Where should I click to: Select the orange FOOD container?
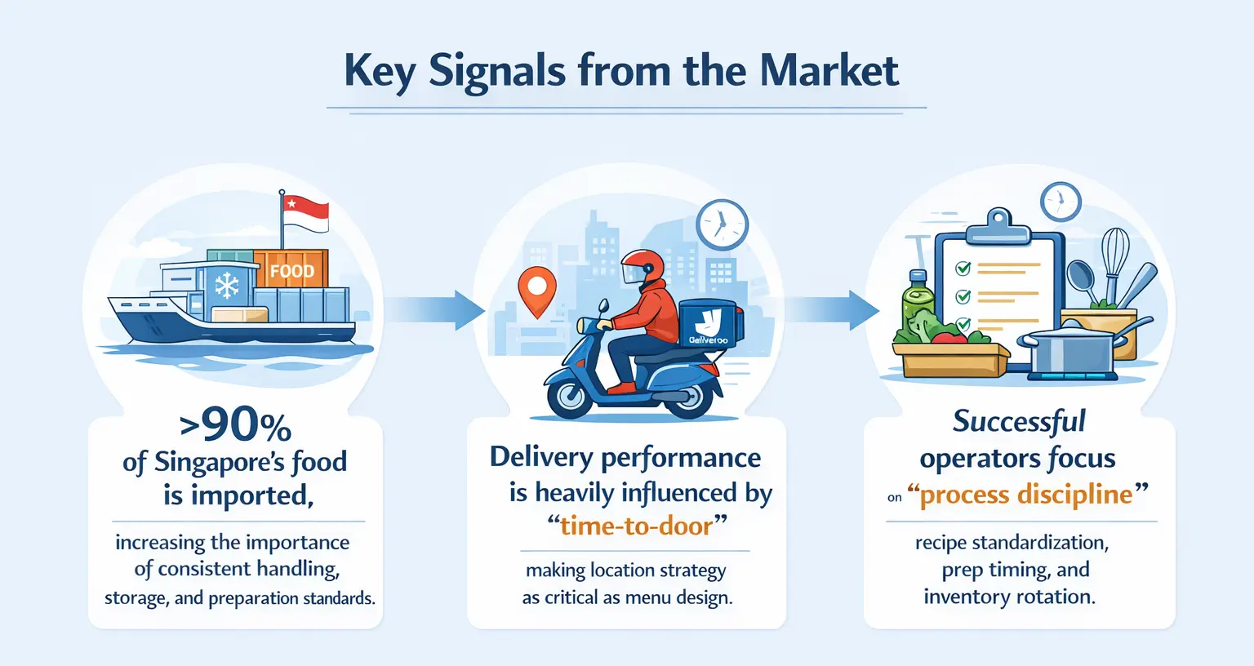[291, 270]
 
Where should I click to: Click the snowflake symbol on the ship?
[227, 285]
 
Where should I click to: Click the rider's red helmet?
[642, 267]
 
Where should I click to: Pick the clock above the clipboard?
[1060, 201]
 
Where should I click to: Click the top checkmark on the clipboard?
[963, 268]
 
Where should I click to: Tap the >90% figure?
[235, 424]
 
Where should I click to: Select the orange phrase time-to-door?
[636, 526]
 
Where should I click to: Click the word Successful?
[1019, 421]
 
